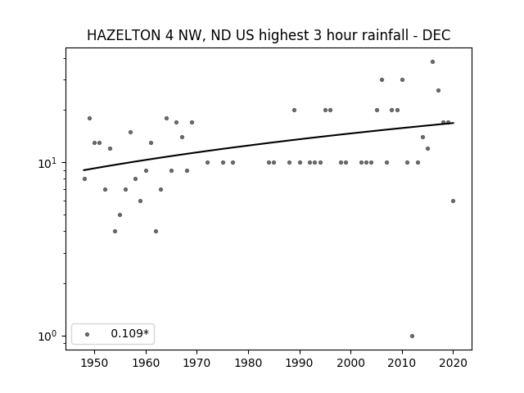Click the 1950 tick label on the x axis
(x=95, y=363)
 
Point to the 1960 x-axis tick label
(x=146, y=363)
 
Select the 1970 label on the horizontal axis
(x=197, y=363)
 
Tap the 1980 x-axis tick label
(x=249, y=363)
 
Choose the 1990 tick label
(x=300, y=363)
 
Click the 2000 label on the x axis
(x=351, y=363)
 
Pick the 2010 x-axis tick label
(x=402, y=363)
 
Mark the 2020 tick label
(x=453, y=363)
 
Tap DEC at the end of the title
(x=436, y=35)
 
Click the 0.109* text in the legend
(x=129, y=333)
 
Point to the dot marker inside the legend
(x=88, y=334)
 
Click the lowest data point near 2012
(x=412, y=337)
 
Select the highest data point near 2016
(x=432, y=62)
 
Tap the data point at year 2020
(x=453, y=201)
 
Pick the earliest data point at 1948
(x=84, y=178)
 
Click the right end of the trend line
(x=454, y=123)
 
